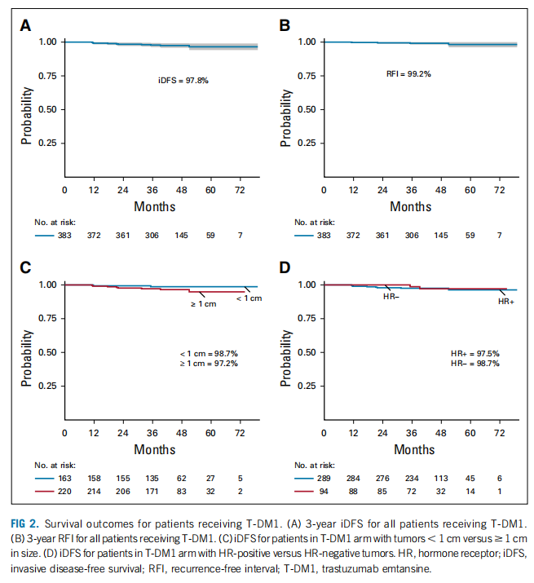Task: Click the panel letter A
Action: coord(25,24)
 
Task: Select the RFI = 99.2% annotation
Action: coord(408,73)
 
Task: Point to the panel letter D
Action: coord(285,267)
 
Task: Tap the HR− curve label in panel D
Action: coord(390,297)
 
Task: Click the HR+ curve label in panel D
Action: coord(505,302)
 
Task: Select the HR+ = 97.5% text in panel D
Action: coord(474,353)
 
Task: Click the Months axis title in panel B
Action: coord(410,206)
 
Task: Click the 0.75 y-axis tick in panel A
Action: coord(47,75)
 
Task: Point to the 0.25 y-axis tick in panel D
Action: coord(307,386)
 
